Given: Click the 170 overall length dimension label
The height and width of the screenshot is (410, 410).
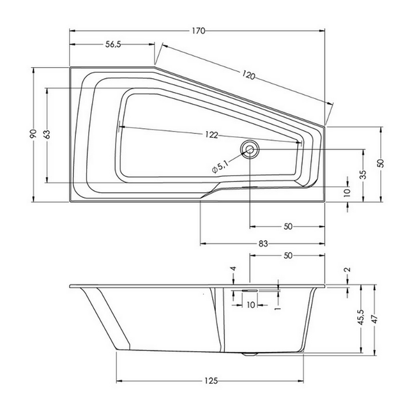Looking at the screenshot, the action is point(198,31).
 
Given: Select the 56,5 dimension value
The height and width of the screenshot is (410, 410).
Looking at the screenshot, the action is point(113,45).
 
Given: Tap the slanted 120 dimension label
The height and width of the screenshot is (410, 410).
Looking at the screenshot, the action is point(248,75).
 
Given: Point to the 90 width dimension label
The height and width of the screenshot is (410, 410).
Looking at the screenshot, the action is point(33,134).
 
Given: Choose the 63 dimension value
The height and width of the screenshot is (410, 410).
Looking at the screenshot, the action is point(47,134).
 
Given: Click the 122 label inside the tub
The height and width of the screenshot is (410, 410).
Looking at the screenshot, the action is point(212,135).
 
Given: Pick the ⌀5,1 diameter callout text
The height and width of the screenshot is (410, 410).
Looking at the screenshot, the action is point(220,167).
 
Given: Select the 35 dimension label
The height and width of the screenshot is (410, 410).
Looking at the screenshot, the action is point(363,174).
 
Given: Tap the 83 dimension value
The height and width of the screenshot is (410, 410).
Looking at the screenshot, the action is point(263,244).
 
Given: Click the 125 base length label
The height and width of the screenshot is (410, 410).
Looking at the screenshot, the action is point(211,381).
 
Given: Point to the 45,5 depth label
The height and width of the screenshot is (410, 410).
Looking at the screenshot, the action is point(361,317).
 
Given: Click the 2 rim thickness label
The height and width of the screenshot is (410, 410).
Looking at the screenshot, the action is point(348,270).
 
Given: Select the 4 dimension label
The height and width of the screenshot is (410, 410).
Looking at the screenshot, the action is point(234,269).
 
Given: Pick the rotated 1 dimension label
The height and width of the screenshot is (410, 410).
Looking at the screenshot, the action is point(278,309).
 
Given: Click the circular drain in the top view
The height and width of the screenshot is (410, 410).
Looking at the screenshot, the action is point(250,149).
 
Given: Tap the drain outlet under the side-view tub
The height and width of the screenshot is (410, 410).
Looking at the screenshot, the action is point(250,354).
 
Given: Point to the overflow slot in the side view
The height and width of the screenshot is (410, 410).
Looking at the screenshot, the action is point(250,290).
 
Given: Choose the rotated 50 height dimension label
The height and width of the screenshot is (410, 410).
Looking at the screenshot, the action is point(381,163).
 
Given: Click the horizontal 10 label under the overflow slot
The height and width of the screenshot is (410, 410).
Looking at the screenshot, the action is point(251,305).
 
